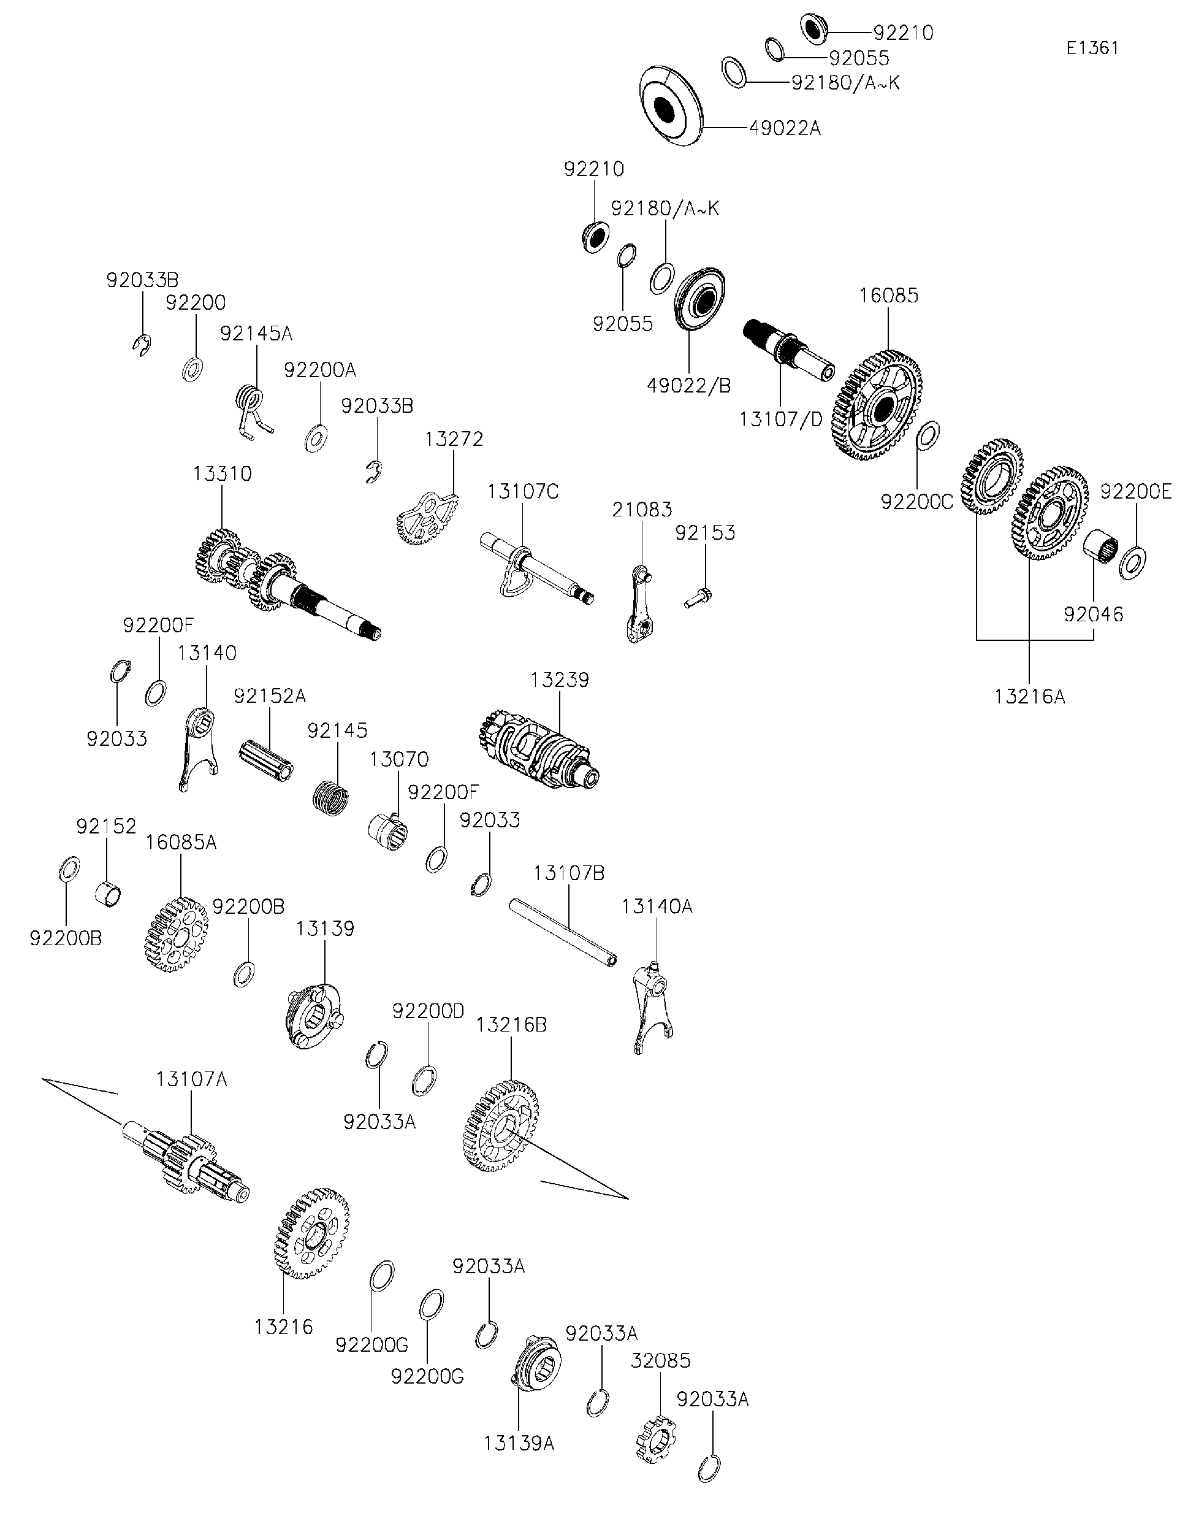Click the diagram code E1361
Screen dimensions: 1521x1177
click(x=1092, y=47)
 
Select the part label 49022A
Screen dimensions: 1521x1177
click(x=785, y=128)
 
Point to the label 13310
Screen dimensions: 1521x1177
click(x=222, y=473)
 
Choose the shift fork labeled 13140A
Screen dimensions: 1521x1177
click(x=653, y=1006)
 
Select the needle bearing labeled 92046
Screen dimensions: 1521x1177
click(x=1100, y=545)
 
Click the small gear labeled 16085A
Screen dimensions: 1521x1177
click(x=178, y=934)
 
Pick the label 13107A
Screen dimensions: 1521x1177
click(x=191, y=1079)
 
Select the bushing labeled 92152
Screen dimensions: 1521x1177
click(x=108, y=893)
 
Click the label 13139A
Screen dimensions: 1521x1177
click(x=519, y=1444)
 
